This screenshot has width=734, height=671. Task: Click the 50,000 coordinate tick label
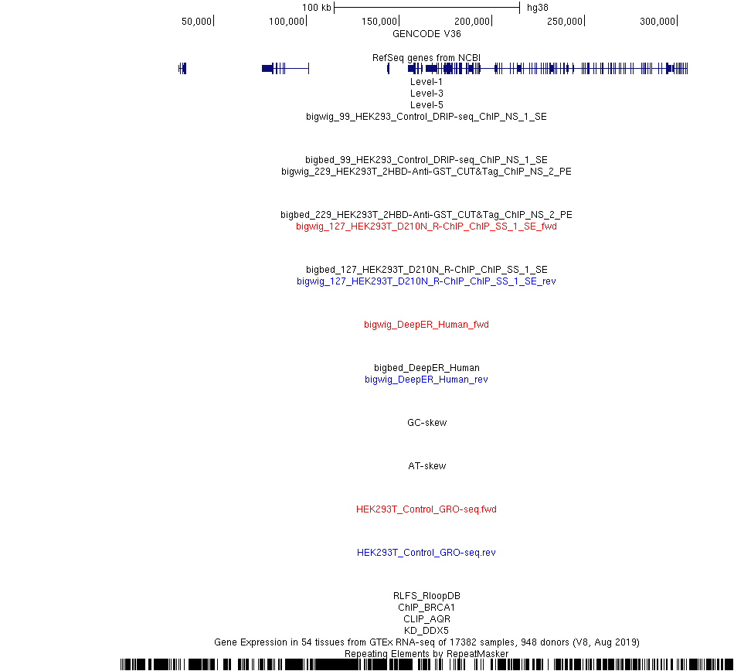pos(196,22)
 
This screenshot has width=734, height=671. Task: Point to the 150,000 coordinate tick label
pos(379,22)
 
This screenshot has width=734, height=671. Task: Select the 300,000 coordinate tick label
pos(658,22)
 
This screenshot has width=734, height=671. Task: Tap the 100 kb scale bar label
pos(317,8)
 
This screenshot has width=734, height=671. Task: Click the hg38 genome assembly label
pos(538,8)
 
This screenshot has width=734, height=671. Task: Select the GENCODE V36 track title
pos(426,34)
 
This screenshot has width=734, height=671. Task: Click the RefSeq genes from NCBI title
pos(426,58)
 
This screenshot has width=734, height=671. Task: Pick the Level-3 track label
pos(426,94)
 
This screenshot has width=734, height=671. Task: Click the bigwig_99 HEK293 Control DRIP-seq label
pos(426,117)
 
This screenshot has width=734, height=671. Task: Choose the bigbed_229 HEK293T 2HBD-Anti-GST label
pos(426,214)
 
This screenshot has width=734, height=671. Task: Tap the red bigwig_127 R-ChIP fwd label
pos(426,227)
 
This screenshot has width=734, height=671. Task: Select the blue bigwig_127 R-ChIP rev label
pos(426,281)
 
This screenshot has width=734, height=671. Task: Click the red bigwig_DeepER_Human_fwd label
pos(426,325)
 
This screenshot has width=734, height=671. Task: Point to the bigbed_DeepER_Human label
pos(426,367)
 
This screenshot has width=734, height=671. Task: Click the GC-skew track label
pos(427,422)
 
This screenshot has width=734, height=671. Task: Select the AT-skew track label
pos(427,466)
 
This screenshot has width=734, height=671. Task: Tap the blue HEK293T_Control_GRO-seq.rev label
pos(426,553)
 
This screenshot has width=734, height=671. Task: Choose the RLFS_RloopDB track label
pos(426,595)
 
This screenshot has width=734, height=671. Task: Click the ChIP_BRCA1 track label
pos(426,608)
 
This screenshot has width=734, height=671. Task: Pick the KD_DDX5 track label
pos(426,630)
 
